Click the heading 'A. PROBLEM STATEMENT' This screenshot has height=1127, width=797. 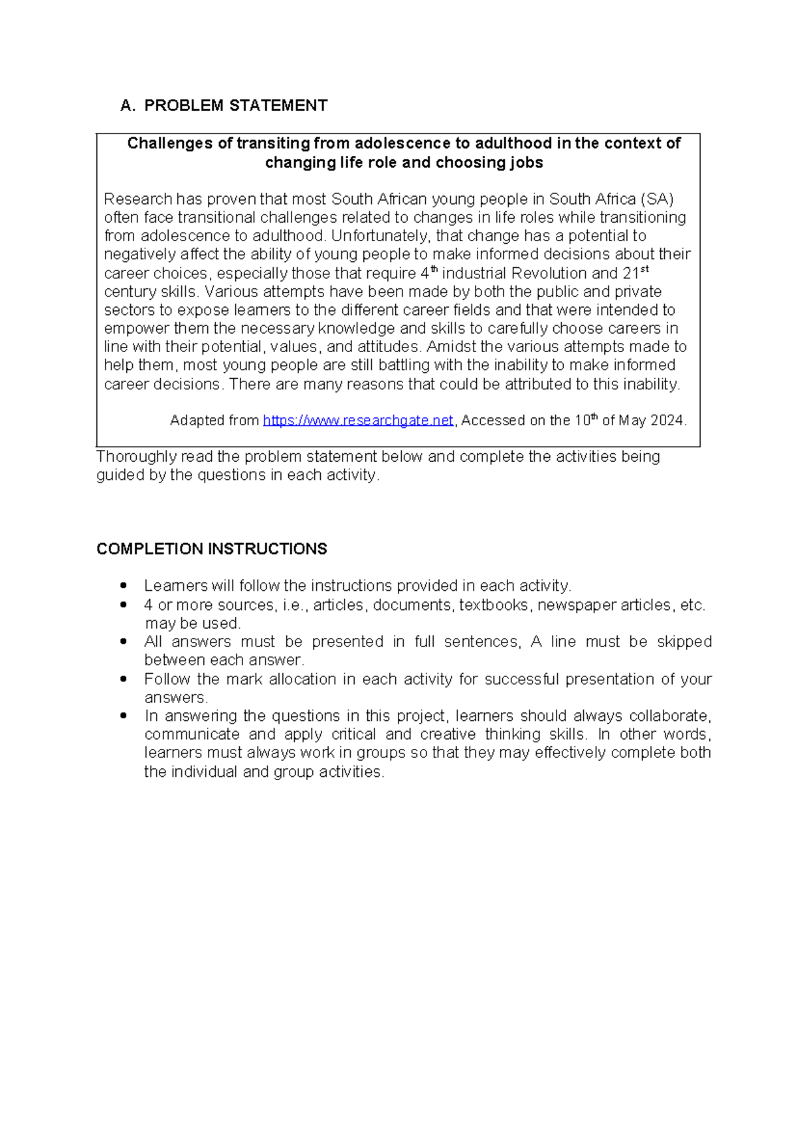tap(224, 106)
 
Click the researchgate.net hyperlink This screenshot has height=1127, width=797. tap(358, 421)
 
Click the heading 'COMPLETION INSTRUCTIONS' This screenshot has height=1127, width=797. tap(211, 549)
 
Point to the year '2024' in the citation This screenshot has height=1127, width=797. tap(667, 421)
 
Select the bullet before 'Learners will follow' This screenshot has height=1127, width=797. tap(123, 586)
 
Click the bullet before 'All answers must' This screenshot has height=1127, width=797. tap(123, 642)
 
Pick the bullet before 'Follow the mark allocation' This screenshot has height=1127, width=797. tap(123, 679)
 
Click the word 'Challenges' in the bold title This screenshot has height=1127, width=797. tap(170, 144)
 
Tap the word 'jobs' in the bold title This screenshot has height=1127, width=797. tap(526, 163)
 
